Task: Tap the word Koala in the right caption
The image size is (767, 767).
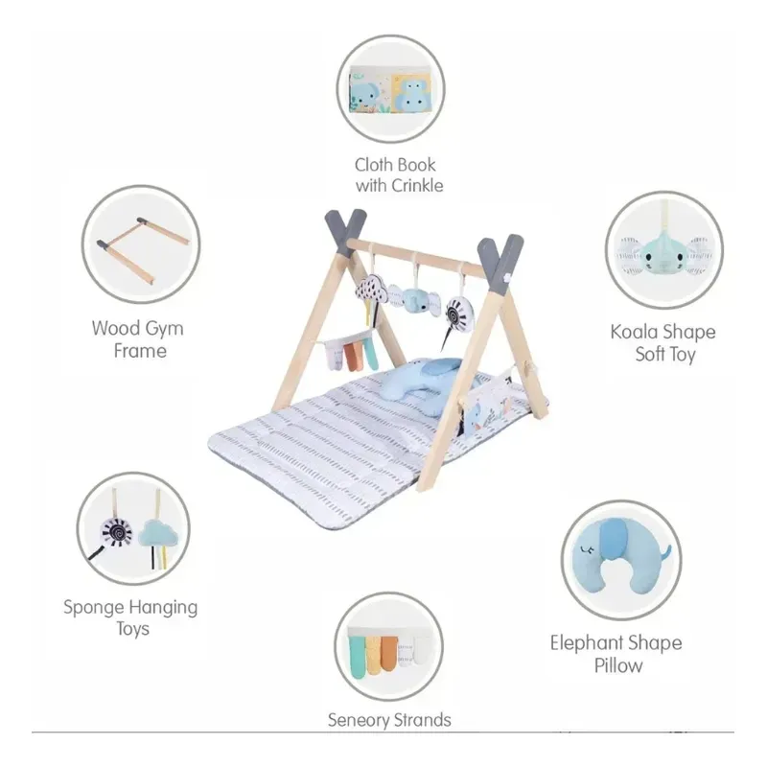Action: click(x=632, y=332)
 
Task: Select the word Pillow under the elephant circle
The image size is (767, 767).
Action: click(x=618, y=665)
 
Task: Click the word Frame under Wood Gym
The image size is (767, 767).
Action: click(x=140, y=351)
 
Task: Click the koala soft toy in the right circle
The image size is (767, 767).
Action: click(x=664, y=252)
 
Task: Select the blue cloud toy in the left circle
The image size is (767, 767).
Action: click(x=159, y=533)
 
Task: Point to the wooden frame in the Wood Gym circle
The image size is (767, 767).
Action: click(x=143, y=249)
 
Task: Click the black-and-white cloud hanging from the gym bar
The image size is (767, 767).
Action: click(x=372, y=292)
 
